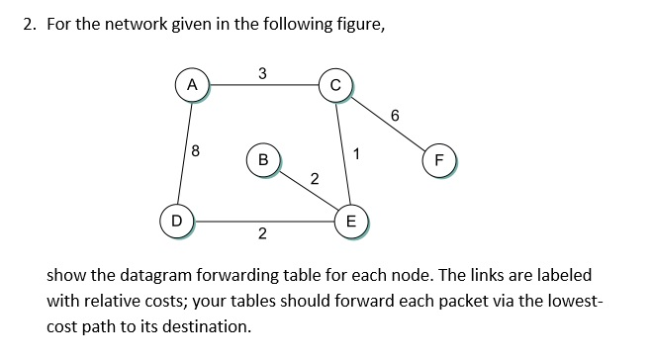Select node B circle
click(x=262, y=158)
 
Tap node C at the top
click(x=335, y=85)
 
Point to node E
click(x=349, y=220)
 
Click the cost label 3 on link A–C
click(x=261, y=72)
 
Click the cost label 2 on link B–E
click(x=314, y=179)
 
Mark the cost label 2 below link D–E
click(x=261, y=234)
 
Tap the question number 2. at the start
click(x=30, y=26)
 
